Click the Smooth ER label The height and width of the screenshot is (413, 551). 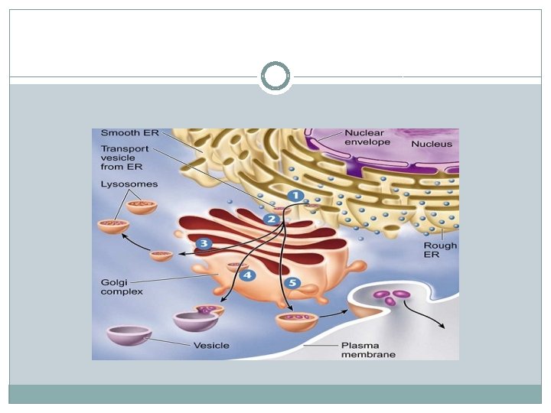tap(129, 133)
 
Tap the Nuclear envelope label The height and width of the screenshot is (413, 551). tap(367, 137)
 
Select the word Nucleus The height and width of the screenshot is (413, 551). tap(431, 143)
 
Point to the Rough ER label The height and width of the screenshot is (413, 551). tap(440, 250)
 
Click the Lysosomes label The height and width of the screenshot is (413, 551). tap(129, 184)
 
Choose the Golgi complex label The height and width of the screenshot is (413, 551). tap(119, 287)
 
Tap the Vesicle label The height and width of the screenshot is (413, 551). tap(210, 346)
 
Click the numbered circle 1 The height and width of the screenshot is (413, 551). tap(295, 196)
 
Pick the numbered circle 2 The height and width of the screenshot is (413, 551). tap(270, 220)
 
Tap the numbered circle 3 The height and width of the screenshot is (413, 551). tap(203, 244)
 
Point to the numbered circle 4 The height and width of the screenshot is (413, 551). tap(246, 275)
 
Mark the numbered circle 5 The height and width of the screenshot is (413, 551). tap(291, 282)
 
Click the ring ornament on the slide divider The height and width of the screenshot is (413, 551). tap(275, 76)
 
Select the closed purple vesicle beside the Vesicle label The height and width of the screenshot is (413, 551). tap(128, 337)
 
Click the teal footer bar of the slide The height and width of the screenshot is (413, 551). tap(275, 394)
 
